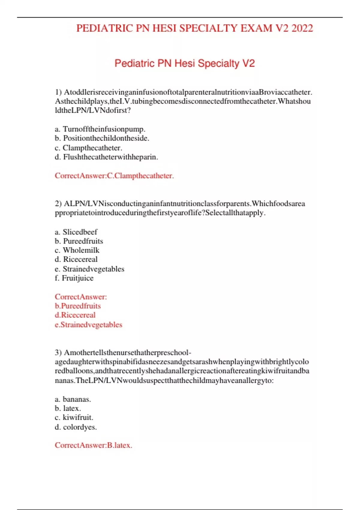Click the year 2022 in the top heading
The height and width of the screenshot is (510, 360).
(302, 28)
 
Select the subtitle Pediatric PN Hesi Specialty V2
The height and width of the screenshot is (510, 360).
(184, 63)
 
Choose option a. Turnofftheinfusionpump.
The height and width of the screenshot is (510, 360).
(100, 129)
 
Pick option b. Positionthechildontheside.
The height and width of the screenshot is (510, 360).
(102, 138)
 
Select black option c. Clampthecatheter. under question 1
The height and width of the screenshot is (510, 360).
(88, 148)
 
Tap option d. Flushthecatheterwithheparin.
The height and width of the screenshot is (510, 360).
(106, 157)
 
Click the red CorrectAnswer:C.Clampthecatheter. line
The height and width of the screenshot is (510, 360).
(114, 176)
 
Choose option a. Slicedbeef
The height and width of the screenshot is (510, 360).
(76, 232)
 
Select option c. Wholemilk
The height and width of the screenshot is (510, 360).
(77, 250)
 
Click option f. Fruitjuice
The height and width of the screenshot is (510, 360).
(74, 278)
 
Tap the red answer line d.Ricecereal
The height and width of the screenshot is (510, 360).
(75, 315)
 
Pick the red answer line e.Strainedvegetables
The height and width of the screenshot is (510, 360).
(88, 325)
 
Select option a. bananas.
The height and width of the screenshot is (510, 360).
(73, 399)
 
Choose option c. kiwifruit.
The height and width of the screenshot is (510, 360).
(74, 417)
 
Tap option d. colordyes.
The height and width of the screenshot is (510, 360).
(76, 427)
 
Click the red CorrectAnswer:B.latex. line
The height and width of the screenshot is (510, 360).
(93, 445)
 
